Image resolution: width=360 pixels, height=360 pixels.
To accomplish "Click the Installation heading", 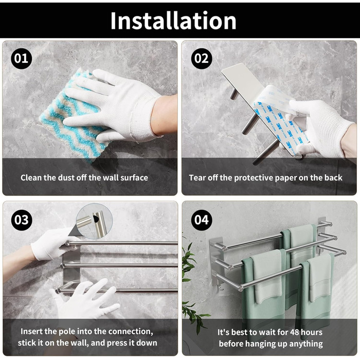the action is (x=173, y=21).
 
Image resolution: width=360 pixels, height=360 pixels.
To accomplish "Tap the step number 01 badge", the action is (x=22, y=59).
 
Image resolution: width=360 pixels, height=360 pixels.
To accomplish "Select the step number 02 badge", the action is (x=202, y=59).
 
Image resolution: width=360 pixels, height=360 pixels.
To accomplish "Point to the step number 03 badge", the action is (x=22, y=220).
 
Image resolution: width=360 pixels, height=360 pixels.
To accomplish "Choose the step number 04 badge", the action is (x=202, y=220).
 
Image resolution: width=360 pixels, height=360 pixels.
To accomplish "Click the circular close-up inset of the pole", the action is (x=94, y=221).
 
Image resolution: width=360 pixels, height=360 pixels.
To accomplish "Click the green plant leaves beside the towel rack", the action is (x=191, y=287).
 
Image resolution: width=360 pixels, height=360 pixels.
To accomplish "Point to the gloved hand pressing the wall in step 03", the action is (x=85, y=298).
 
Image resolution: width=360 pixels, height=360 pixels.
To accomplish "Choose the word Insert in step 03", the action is (x=31, y=331).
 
